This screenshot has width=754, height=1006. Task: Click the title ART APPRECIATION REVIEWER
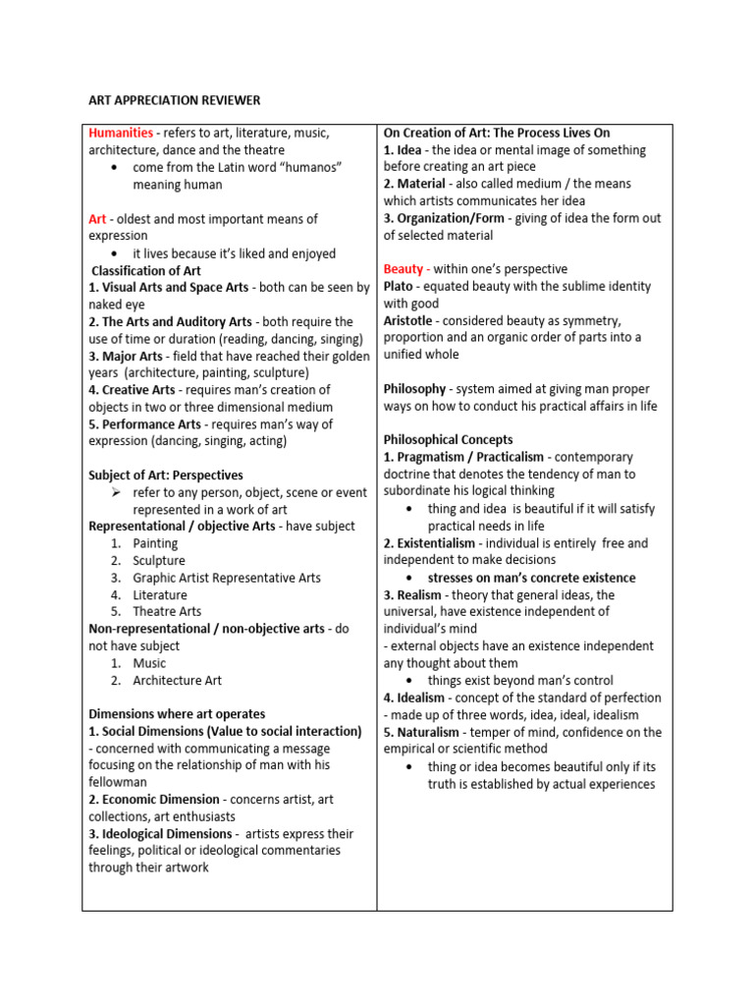(x=174, y=100)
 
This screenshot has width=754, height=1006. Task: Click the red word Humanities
(x=121, y=133)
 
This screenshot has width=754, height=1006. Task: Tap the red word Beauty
(x=404, y=269)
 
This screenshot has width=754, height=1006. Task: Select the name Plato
(x=399, y=286)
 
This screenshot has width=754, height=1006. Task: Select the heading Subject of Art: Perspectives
(x=165, y=475)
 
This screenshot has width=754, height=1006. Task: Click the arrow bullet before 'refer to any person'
(x=116, y=492)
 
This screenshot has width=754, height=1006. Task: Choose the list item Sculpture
(x=159, y=561)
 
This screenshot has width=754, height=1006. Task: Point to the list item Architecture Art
(x=178, y=680)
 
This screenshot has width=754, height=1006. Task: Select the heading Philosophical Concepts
(x=448, y=440)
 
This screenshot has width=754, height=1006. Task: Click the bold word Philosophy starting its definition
(x=414, y=389)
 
